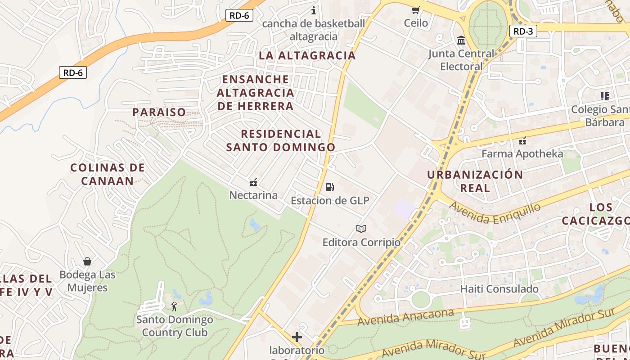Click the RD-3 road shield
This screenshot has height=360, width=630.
[x=523, y=31]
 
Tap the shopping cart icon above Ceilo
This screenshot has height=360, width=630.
[x=415, y=10]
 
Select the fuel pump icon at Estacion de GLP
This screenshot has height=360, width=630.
[x=330, y=187]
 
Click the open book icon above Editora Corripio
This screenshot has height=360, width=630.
[x=361, y=229]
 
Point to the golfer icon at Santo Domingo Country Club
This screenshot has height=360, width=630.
[x=174, y=307]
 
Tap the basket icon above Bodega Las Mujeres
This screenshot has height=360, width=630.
[x=87, y=261]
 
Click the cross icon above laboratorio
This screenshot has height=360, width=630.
[x=297, y=337]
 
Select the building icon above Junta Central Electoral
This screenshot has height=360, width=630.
[x=461, y=40]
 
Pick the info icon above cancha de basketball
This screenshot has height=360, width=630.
[x=314, y=10]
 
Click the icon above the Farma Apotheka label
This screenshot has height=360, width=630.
[x=522, y=140]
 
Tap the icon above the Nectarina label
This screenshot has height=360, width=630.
[x=253, y=182]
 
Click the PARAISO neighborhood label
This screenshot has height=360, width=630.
[x=159, y=112]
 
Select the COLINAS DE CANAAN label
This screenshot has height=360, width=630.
[x=108, y=174]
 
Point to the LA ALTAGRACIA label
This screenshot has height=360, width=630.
[x=307, y=55]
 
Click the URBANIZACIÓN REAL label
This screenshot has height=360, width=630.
[x=475, y=181]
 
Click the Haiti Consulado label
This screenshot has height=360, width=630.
[x=499, y=288]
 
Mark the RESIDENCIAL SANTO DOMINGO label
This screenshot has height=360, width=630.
[x=281, y=140]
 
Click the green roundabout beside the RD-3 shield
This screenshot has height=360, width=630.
[x=488, y=25]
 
